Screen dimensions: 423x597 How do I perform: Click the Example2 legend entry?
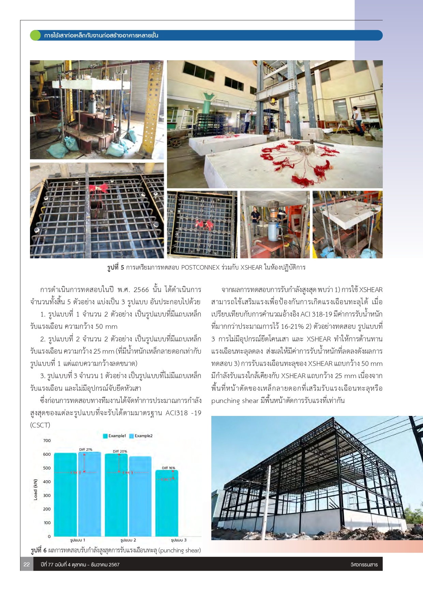[x=141, y=436]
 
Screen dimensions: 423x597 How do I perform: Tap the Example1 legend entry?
[x=115, y=436]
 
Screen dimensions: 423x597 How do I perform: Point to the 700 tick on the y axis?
[x=47, y=441]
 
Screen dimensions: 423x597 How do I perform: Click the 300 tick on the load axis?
[x=47, y=496]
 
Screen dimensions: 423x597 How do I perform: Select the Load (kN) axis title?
[x=35, y=490]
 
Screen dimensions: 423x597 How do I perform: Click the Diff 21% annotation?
[x=86, y=450]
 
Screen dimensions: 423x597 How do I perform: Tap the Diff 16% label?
[x=168, y=468]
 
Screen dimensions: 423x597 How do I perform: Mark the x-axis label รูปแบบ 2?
[x=128, y=540]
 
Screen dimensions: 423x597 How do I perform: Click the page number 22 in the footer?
[x=27, y=565]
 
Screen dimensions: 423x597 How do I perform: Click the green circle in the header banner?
[x=35, y=35]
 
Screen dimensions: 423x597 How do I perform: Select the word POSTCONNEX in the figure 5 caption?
[x=200, y=268]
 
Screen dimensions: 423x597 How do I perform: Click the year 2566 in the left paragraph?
[x=141, y=290]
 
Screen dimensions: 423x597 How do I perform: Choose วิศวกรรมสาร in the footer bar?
[x=364, y=565]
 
